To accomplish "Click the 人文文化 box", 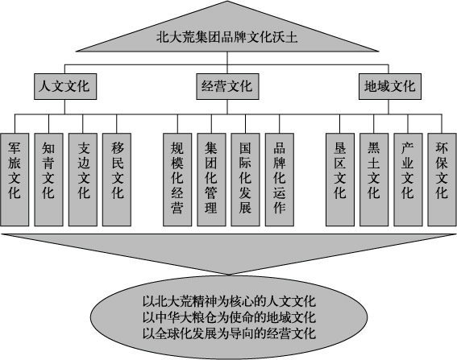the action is tap(65, 86).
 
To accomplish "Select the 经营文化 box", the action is tap(227, 86).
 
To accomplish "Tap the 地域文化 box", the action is tap(390, 86).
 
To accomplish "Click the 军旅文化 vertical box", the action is tap(15, 180).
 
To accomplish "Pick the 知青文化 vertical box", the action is tap(48, 180).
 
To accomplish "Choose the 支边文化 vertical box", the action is tap(83, 180).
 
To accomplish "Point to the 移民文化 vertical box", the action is tap(117, 180).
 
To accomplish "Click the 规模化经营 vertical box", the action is tap(177, 180).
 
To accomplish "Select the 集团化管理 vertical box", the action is tap(211, 180).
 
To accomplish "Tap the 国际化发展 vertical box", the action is tap(245, 180).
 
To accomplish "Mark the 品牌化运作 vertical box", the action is tap(280, 180).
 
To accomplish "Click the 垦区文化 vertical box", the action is tap(340, 180).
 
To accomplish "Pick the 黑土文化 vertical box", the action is tap(374, 180).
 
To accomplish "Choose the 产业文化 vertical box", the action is tap(408, 180).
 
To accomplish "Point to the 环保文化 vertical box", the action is tap(442, 180).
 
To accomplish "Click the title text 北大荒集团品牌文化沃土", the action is tap(227, 38).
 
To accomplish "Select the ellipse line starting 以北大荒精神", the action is tap(229, 301).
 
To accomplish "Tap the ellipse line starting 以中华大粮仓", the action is tap(229, 317).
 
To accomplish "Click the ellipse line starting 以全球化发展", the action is tap(229, 333).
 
